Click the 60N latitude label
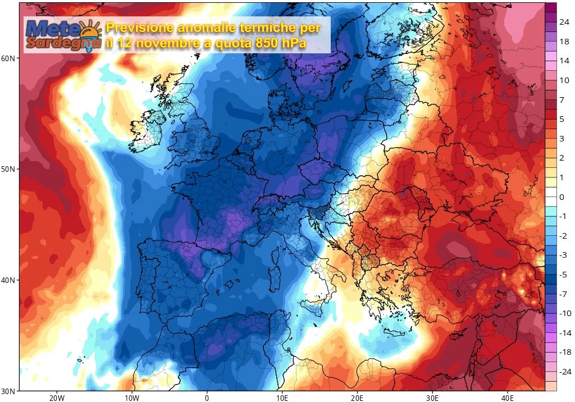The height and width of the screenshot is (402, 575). (9, 58)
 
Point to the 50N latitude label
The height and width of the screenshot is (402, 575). (9, 169)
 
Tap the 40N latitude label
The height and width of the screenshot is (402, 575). (9, 280)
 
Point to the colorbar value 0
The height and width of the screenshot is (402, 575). (562, 197)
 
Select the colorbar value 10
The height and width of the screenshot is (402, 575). (564, 80)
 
